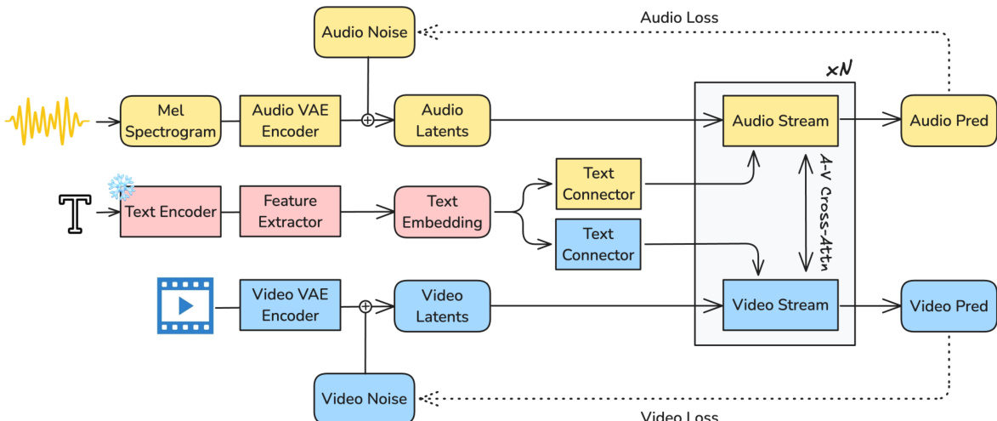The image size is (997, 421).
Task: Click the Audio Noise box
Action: tap(365, 32)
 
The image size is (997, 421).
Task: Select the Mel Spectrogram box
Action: tap(170, 122)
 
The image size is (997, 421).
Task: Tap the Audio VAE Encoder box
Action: tap(290, 121)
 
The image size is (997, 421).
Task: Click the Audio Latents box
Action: tap(442, 121)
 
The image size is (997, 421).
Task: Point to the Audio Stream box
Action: tap(779, 121)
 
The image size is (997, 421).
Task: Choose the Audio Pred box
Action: tap(949, 121)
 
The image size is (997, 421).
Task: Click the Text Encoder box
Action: tap(171, 212)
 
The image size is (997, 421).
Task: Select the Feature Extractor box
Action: tap(291, 212)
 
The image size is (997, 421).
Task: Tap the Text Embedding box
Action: tap(442, 212)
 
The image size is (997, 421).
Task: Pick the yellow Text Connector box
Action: tap(598, 184)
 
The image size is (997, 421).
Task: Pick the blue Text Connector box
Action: tap(598, 244)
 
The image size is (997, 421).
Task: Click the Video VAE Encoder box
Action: tap(290, 305)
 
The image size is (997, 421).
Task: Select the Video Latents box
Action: tap(442, 306)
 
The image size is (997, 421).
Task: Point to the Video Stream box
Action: tap(779, 305)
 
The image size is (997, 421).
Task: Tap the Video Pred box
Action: tap(949, 306)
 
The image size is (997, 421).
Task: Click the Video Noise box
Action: tap(365, 398)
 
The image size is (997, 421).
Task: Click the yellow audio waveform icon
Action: tap(48, 122)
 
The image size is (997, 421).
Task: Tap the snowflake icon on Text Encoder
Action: tap(121, 188)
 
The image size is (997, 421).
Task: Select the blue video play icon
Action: tap(185, 305)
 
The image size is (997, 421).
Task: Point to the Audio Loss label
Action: tap(679, 17)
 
